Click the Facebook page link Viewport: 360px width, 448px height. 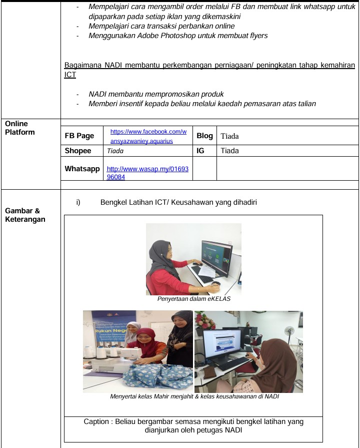[x=148, y=136]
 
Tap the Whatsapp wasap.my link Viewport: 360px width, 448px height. [x=147, y=173]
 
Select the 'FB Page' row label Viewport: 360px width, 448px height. [x=79, y=136]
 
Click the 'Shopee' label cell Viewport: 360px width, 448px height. [x=78, y=151]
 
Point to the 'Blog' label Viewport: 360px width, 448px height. [x=204, y=136]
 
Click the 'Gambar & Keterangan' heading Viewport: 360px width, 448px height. [x=22, y=215]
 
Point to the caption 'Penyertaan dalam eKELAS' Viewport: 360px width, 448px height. [x=193, y=299]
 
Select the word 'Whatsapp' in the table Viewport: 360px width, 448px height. [x=82, y=169]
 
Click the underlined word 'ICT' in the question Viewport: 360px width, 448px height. [x=70, y=75]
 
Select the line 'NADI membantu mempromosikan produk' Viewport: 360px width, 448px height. [x=156, y=94]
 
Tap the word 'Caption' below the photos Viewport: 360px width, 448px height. [x=96, y=421]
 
